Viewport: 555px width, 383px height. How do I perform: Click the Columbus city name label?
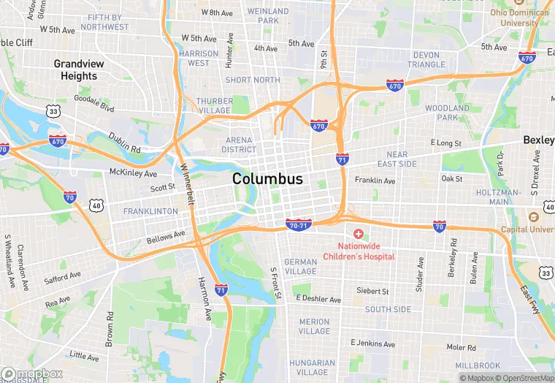tap(267, 179)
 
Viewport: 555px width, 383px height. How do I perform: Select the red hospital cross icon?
tap(358, 233)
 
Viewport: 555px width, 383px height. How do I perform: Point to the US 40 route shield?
tap(96, 207)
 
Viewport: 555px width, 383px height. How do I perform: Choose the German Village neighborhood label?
tap(301, 267)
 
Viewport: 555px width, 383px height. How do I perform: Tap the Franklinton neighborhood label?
tap(150, 211)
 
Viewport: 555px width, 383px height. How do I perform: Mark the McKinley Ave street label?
tap(133, 173)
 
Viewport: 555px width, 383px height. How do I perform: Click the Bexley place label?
tap(538, 140)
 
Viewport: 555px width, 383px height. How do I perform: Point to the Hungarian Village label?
tap(312, 367)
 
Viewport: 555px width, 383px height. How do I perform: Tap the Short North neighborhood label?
tap(253, 80)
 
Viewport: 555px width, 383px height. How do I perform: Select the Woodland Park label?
tap(448, 113)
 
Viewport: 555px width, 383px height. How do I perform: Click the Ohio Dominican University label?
tap(521, 17)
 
